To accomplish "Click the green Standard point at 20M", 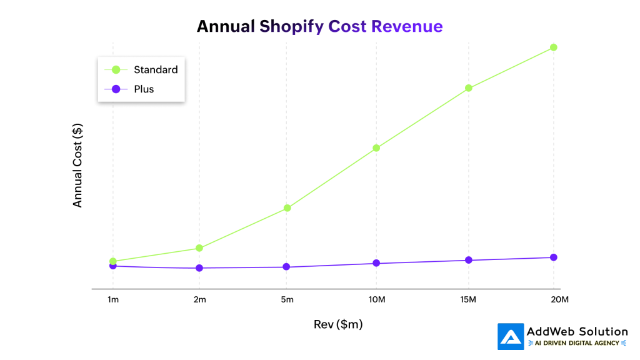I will pyautogui.click(x=553, y=47).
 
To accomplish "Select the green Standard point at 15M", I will pyautogui.click(x=467, y=87).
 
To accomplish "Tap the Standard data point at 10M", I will pyautogui.click(x=376, y=148).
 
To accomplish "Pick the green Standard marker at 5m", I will pyautogui.click(x=287, y=207).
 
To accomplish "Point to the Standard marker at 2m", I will pyautogui.click(x=199, y=248).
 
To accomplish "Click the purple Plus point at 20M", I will pyautogui.click(x=553, y=257).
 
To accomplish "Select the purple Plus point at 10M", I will pyautogui.click(x=376, y=263).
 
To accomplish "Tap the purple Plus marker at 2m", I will pyautogui.click(x=199, y=268).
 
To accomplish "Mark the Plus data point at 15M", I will pyautogui.click(x=467, y=260).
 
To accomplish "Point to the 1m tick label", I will pyautogui.click(x=112, y=300).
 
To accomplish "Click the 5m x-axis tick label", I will pyautogui.click(x=287, y=300).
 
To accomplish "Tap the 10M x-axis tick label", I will pyautogui.click(x=376, y=300).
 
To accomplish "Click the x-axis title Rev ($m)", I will pyautogui.click(x=337, y=324).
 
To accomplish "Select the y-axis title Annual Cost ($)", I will pyautogui.click(x=77, y=166).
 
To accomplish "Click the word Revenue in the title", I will pyautogui.click(x=406, y=26).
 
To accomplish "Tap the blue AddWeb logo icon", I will pyautogui.click(x=511, y=336).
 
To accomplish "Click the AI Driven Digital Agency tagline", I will pyautogui.click(x=577, y=343).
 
